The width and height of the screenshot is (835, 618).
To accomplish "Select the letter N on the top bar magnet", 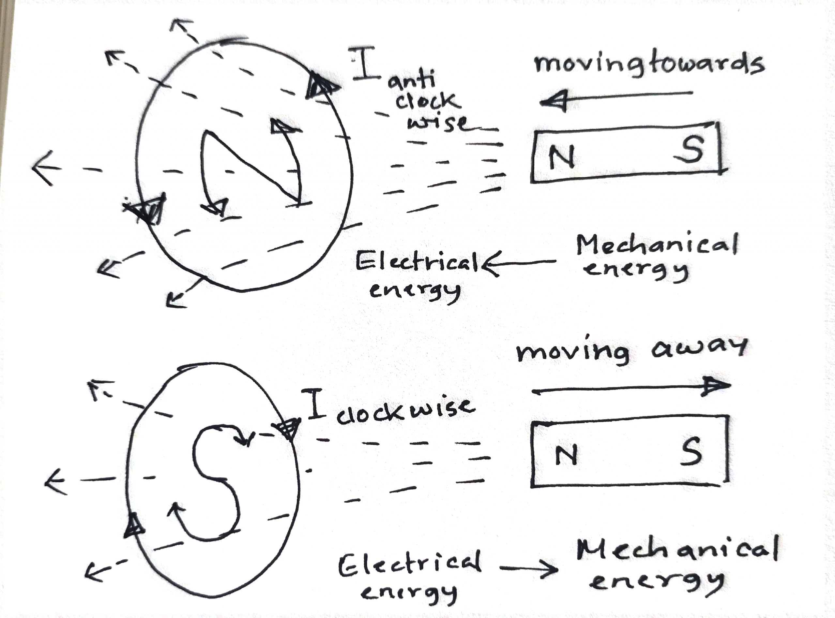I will [561, 157].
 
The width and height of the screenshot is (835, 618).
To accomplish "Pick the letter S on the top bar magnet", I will [690, 149].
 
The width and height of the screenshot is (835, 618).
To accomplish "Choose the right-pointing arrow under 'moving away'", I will [630, 389].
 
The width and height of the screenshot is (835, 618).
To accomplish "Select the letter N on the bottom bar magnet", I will [566, 456].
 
